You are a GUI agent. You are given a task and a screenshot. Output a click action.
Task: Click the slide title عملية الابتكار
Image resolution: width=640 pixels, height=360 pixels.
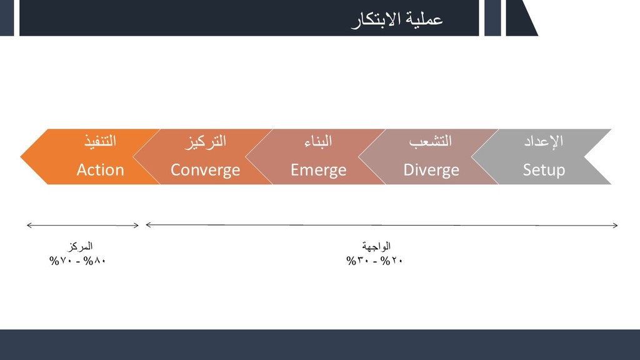(397, 20)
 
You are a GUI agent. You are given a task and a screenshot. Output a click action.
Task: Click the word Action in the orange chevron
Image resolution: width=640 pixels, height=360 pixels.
(101, 170)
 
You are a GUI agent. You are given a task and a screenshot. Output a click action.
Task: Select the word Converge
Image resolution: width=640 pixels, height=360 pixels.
(205, 170)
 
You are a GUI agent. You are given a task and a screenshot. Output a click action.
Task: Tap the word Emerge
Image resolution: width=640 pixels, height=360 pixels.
(318, 170)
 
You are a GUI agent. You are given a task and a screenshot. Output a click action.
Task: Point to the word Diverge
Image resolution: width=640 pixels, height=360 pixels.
(431, 170)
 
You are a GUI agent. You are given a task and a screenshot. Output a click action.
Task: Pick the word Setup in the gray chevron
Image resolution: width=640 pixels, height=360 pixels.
(544, 170)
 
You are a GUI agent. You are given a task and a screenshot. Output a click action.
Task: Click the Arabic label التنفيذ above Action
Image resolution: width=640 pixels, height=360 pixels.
(101, 141)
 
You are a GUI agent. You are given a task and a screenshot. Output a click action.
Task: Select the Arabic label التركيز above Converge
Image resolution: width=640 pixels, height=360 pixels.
(205, 142)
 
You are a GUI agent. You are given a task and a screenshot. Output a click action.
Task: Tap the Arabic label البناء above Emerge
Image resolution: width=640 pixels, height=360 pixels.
(318, 141)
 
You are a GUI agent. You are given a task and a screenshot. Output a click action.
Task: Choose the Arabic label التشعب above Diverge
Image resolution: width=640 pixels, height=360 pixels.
(431, 141)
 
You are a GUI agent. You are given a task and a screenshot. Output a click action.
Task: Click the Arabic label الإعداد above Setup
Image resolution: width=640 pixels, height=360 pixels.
(544, 141)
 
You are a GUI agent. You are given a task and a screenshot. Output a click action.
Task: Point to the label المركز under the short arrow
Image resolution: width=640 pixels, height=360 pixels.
(80, 246)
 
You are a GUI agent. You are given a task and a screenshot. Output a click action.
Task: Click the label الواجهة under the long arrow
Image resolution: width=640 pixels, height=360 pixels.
(376, 246)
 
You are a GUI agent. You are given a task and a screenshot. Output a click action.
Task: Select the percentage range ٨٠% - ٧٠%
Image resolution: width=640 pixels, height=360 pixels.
(77, 261)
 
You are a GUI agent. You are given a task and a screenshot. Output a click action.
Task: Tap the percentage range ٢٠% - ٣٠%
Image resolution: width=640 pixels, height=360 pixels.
(374, 261)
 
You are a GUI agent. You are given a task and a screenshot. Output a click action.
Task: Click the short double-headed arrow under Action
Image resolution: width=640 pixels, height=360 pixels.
(83, 225)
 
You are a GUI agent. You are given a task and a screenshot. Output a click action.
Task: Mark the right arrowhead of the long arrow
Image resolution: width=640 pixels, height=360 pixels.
(616, 225)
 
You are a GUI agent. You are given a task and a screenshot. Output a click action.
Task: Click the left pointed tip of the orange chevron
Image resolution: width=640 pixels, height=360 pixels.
(21, 157)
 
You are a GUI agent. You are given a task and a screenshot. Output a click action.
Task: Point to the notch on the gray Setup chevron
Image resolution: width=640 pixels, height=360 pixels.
(585, 157)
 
